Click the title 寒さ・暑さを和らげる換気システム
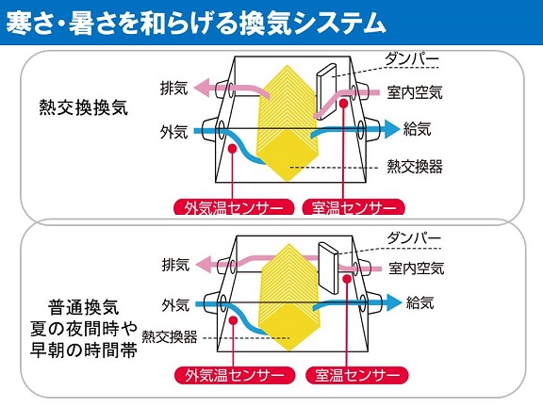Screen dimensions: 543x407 pos(196,24)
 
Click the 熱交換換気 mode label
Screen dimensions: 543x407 pos(84,107)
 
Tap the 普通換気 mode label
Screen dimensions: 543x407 pos(84,307)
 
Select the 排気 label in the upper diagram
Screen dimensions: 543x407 pos(173,88)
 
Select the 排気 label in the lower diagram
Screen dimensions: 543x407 pos(176,265)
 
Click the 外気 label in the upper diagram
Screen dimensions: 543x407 pos(173,132)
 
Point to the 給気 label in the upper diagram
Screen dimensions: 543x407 pos(418,129)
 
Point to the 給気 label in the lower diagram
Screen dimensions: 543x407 pos(420,302)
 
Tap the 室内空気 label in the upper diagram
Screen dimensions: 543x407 pos(415,92)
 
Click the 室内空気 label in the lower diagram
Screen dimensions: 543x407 pos(417,269)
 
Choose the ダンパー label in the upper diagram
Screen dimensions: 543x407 pos(412,59)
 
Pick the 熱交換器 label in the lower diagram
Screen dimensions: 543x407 pos(170,336)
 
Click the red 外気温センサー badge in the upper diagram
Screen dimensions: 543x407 pos(234,207)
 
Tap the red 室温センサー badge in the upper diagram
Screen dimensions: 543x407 pos(354,207)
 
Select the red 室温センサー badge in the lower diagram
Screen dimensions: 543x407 pos(357,375)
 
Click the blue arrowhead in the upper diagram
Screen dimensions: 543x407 pos(391,130)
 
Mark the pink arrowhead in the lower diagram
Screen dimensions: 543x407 pos(204,265)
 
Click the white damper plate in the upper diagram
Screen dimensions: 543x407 pos(326,91)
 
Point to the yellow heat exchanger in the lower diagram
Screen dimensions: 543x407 pos(289,297)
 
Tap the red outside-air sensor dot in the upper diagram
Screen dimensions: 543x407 pos(232,149)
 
